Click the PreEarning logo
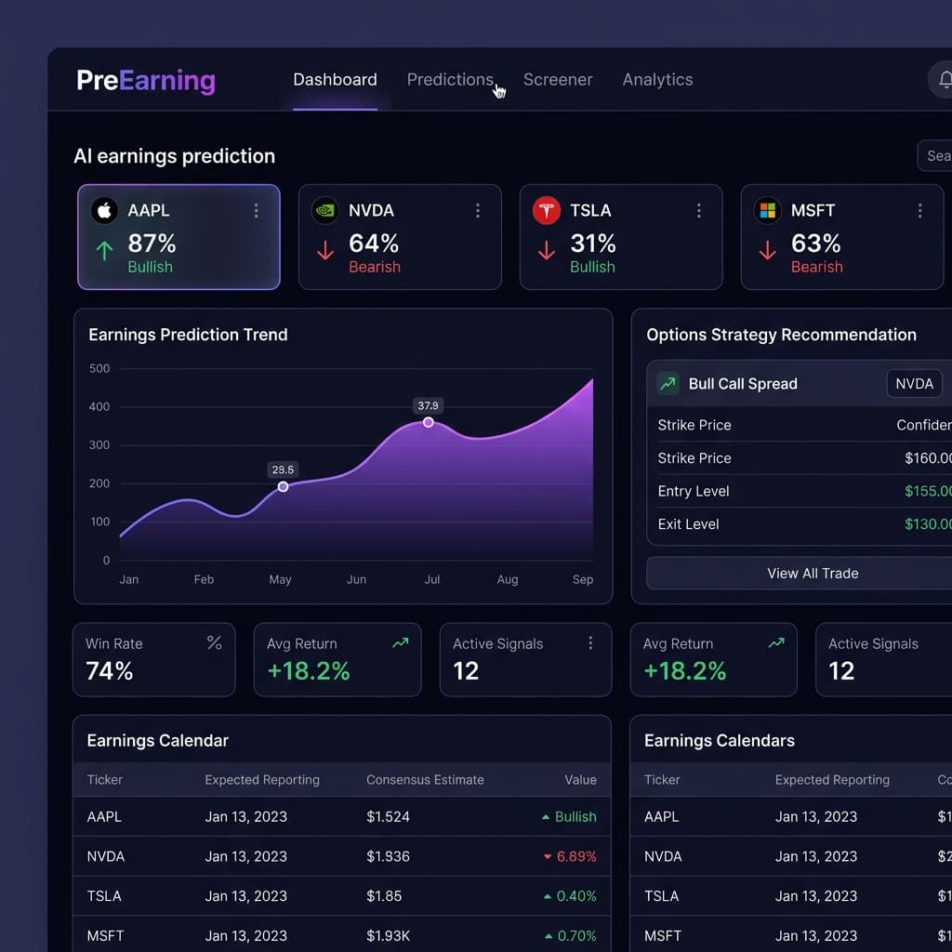coord(146,81)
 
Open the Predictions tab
coord(450,80)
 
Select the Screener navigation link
coord(558,80)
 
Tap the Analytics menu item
coord(657,80)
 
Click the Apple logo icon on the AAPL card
coord(104,211)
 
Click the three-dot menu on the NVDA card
coord(478,211)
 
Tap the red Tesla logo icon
coord(546,211)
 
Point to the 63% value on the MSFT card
coord(815,244)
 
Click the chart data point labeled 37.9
coord(429,422)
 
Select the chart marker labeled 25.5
coord(283,486)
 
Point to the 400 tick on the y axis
coord(99,407)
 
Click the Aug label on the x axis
coord(508,580)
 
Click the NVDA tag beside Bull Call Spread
coord(914,384)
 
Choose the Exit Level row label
coord(688,524)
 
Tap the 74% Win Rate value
coord(110,671)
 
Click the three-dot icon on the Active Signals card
coord(590,643)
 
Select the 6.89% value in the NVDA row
coord(575,856)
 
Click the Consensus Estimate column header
coord(425,780)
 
